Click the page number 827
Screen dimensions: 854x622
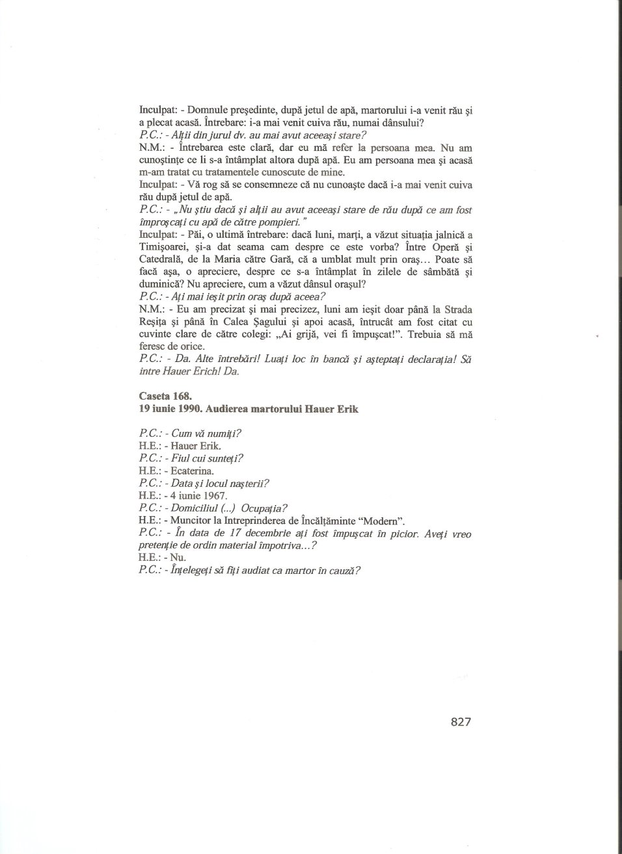click(x=460, y=722)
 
